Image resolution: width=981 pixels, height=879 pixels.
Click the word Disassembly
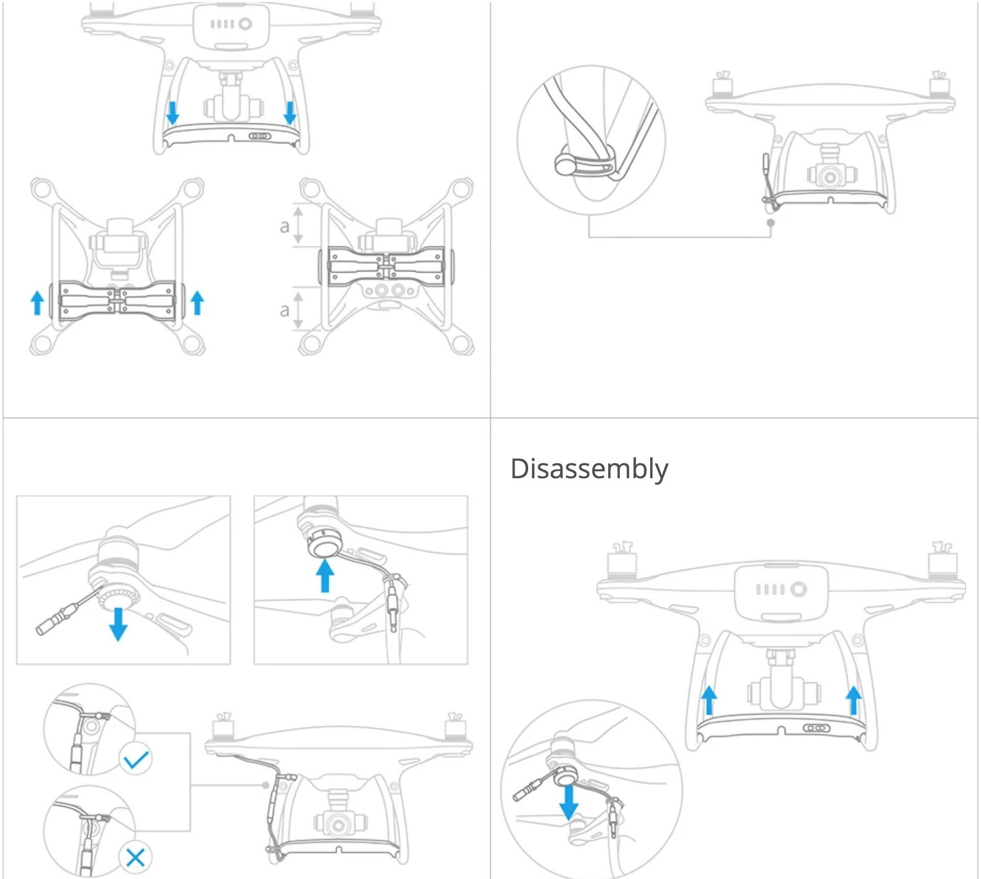pos(589,469)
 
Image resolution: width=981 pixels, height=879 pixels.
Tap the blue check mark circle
pos(136,759)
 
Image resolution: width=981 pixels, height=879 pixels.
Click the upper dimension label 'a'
pos(284,226)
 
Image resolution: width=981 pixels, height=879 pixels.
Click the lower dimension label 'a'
pos(284,310)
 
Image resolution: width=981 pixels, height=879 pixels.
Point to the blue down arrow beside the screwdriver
pos(118,624)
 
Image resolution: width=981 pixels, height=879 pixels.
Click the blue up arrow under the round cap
pos(325,575)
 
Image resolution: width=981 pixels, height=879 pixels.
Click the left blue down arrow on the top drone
pos(172,113)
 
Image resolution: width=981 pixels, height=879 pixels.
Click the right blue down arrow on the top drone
pos(289,113)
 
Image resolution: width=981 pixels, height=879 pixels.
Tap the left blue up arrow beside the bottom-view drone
pos(37,303)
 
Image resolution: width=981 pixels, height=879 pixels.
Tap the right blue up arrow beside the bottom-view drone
pos(197,303)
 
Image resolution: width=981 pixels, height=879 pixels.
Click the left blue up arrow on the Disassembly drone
pos(709,701)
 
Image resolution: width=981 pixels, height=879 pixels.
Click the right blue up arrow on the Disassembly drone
pos(853,701)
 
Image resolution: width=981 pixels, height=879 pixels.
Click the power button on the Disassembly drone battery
pos(798,590)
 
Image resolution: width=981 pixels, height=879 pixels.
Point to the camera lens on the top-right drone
pos(830,177)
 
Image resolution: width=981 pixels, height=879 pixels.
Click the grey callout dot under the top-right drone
pos(771,222)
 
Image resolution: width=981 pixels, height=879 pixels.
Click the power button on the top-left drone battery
pos(246,24)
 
